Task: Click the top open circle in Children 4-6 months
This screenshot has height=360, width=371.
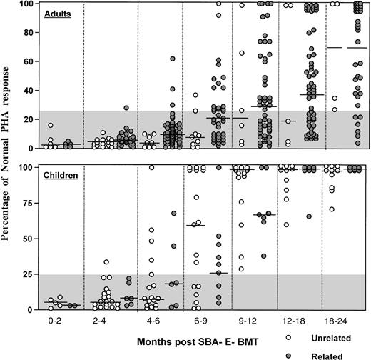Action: click(151, 167)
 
